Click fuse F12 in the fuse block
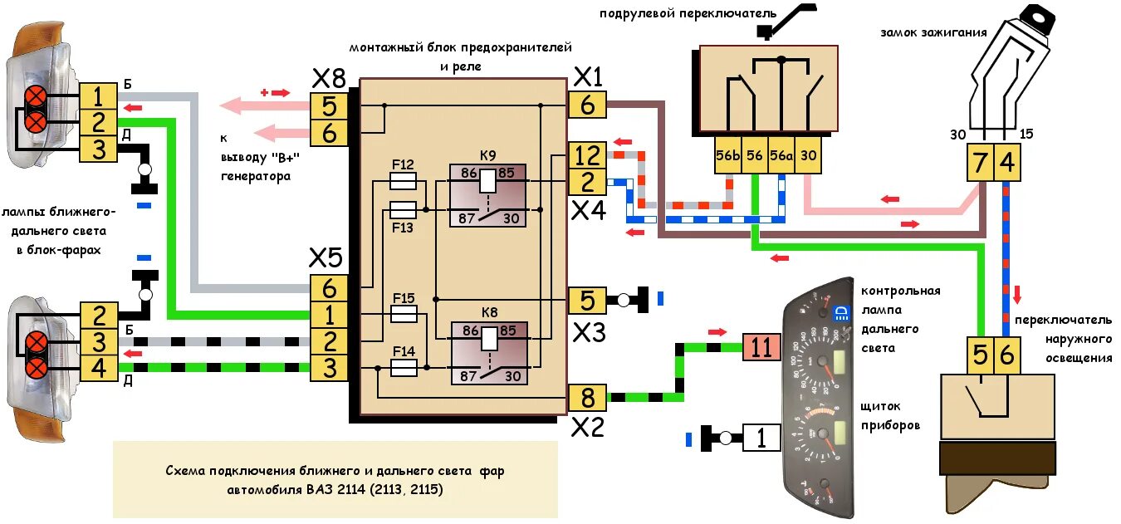pos(404,179)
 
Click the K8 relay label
pos(488,313)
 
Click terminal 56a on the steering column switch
pos(781,155)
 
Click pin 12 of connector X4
pos(587,156)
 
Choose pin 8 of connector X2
pos(587,398)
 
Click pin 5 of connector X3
pos(587,300)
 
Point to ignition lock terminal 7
pos(981,163)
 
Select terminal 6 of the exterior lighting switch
pos(1006,355)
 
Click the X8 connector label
pos(328,79)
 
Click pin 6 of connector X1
pos(587,105)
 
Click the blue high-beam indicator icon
pos(839,313)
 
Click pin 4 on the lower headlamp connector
pos(99,367)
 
